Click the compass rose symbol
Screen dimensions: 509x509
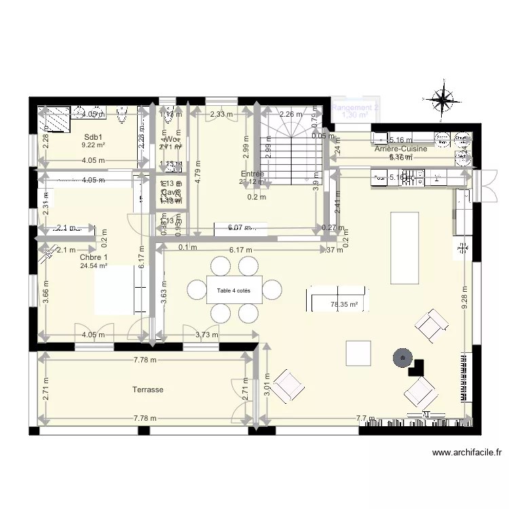[x=442, y=100]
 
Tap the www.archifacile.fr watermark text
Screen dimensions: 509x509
[x=465, y=453]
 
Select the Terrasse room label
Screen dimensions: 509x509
[x=149, y=390]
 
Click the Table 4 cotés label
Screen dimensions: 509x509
[x=233, y=290]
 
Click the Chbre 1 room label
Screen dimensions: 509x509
[x=93, y=257]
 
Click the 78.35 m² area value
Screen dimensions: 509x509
[x=343, y=305]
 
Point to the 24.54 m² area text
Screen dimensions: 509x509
[x=93, y=266]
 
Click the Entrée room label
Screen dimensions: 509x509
[x=252, y=174]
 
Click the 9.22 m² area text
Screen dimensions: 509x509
[x=93, y=145]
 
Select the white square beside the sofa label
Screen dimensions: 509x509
[x=358, y=352]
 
